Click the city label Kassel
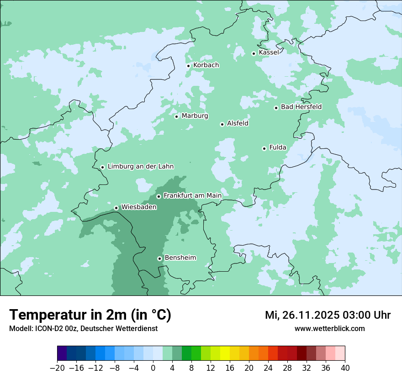[x=269, y=53]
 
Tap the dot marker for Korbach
[x=188, y=66]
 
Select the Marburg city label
[x=195, y=116]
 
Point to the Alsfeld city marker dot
[x=222, y=124]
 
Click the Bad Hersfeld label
[x=301, y=107]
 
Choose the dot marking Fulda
[x=264, y=148]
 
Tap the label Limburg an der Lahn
[x=140, y=167]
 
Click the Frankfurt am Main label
[x=192, y=196]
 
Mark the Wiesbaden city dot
[x=116, y=208]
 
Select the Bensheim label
[x=180, y=258]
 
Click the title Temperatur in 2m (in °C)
[x=90, y=315]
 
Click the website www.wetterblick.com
[x=329, y=329]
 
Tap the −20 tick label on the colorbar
[x=57, y=368]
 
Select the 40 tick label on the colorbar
[x=345, y=368]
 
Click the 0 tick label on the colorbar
[x=153, y=368]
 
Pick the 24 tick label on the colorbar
[x=268, y=368]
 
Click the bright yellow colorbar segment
[x=225, y=353]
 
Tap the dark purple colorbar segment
[x=62, y=353]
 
